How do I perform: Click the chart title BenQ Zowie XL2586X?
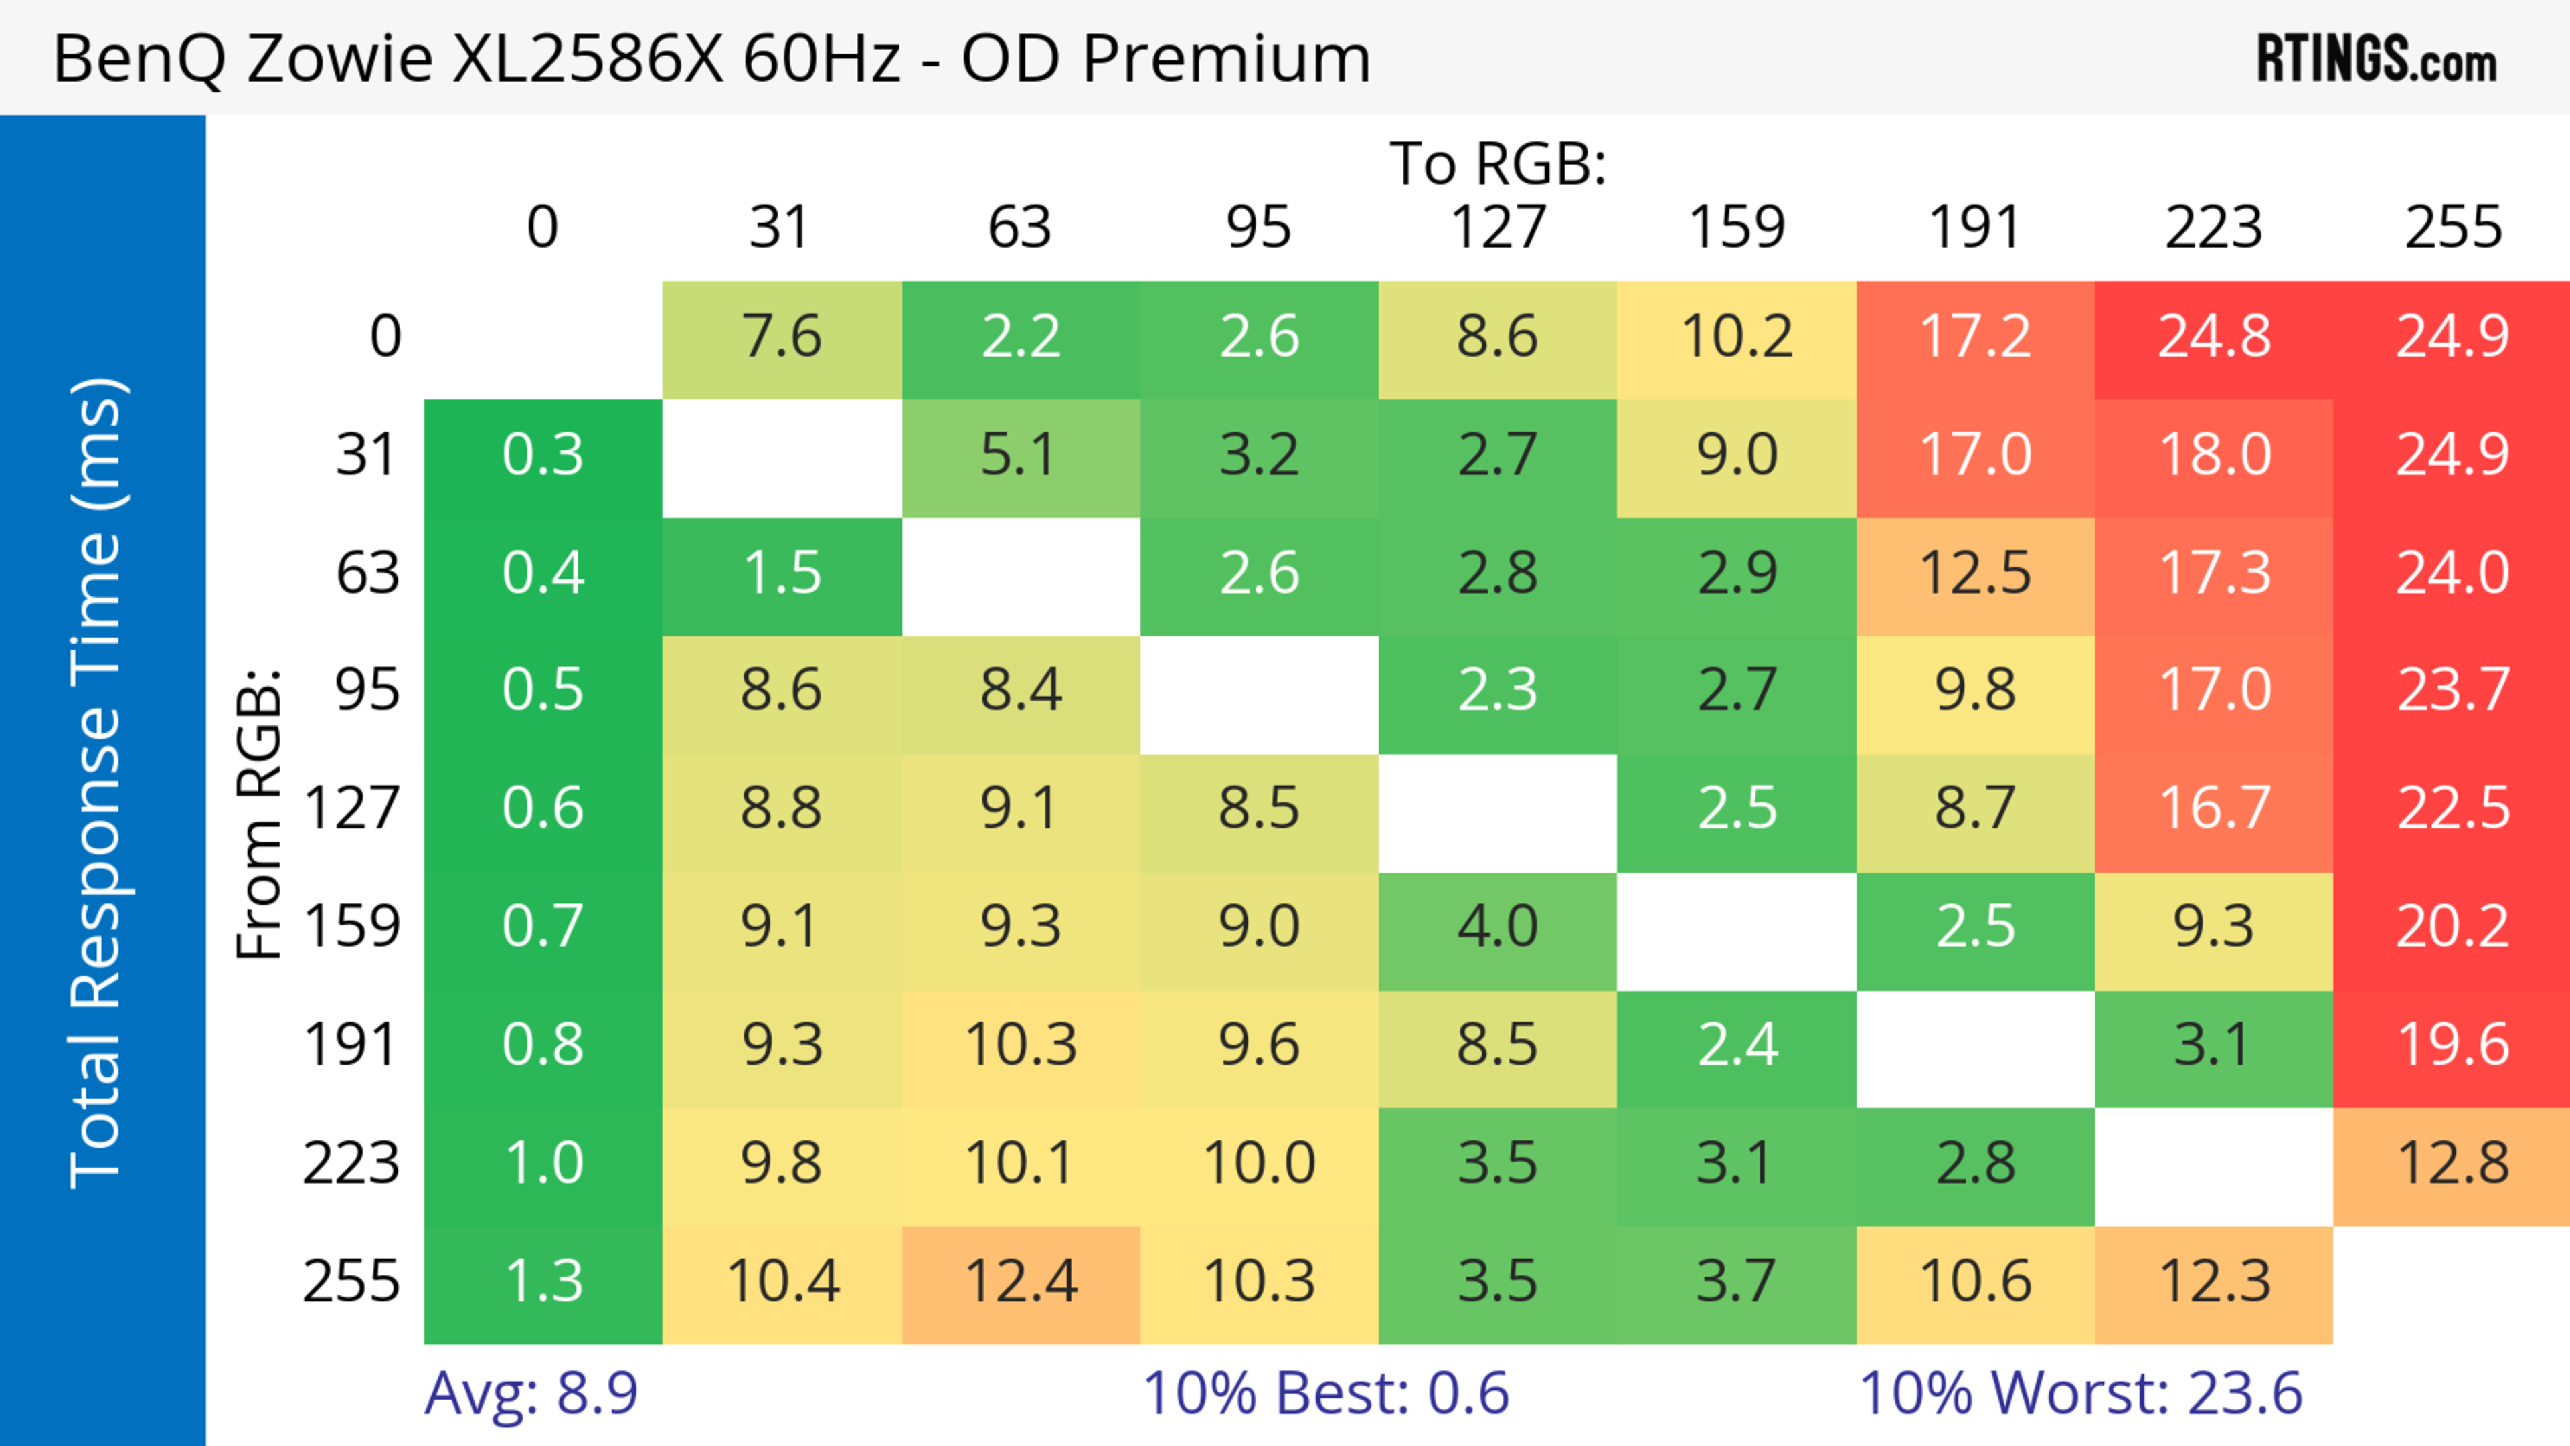pos(710,58)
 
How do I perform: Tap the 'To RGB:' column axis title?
pos(1498,163)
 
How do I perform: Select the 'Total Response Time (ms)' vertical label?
pos(98,783)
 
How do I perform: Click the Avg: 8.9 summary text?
pos(531,1392)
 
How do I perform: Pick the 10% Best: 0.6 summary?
pos(1325,1392)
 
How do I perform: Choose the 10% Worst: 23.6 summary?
pos(2080,1392)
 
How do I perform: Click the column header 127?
pos(1498,228)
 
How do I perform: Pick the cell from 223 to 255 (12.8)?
pos(2452,1164)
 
